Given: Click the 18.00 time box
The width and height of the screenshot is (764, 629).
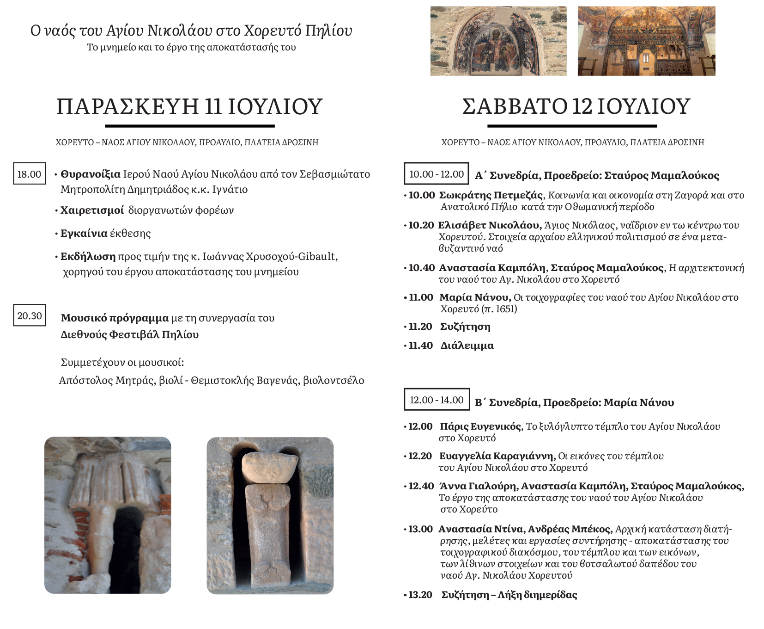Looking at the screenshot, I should (29, 174).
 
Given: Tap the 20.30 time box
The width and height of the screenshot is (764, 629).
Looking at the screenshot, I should (29, 315).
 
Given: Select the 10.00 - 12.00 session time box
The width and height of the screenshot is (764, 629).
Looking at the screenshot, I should (436, 174).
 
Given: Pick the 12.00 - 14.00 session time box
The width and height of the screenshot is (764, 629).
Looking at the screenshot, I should (436, 400).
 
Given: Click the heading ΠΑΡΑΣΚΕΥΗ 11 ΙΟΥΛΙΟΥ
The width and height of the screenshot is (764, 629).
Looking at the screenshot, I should (189, 106).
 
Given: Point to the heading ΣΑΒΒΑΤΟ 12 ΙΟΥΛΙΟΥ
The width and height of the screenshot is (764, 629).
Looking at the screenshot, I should (576, 106).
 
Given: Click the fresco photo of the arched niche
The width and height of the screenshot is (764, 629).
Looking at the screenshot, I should (498, 41).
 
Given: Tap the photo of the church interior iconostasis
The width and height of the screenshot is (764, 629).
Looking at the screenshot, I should (646, 41).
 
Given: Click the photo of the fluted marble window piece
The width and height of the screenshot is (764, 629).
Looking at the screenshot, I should (108, 515).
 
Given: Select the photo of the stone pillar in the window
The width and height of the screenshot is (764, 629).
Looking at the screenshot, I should (270, 515).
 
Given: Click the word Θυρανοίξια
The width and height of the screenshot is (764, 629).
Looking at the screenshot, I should (91, 174).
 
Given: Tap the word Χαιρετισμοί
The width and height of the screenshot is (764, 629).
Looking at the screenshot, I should (92, 210).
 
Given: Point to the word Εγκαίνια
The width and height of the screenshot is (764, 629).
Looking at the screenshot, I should (84, 233).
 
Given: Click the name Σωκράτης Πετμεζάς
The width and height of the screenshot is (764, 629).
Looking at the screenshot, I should (491, 195).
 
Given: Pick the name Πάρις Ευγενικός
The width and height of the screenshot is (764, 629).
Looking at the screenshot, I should (480, 426).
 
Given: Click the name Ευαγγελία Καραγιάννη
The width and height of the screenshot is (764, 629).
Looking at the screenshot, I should (497, 456).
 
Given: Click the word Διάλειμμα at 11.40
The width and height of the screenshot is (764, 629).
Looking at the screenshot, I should (467, 345).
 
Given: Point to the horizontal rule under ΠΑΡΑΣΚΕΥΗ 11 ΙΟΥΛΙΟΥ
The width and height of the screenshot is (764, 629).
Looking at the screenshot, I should (189, 126).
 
